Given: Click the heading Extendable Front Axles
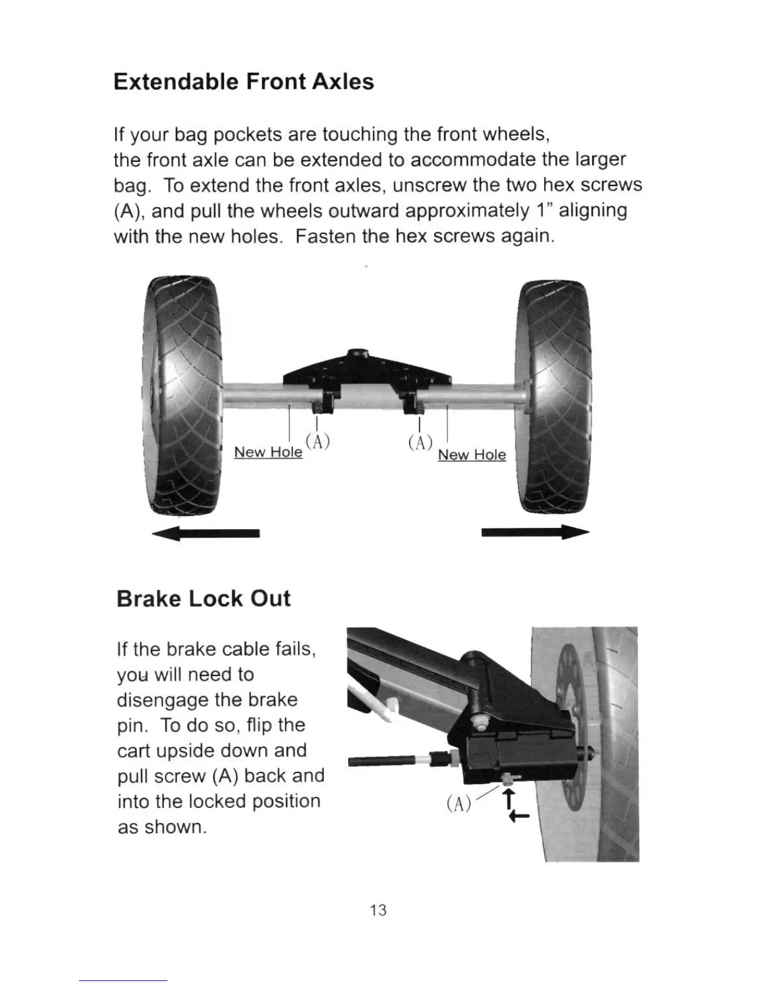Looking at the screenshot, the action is tap(243, 82).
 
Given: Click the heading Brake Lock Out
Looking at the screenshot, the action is tap(204, 599).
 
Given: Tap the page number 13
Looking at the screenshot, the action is tap(378, 910).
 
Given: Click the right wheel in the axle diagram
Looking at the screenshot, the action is tap(554, 398).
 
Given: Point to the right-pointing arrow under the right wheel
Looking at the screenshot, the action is tap(535, 533).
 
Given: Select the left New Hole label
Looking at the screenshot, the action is tap(268, 452).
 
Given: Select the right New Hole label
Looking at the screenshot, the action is tap(472, 455).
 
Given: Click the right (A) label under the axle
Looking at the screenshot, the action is tap(420, 443).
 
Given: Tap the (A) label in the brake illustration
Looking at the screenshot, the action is tap(458, 804).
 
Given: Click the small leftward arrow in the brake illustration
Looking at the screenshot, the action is tap(519, 817).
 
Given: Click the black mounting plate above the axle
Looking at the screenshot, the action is tap(367, 372).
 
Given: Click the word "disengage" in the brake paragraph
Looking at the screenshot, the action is tap(163, 700).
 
